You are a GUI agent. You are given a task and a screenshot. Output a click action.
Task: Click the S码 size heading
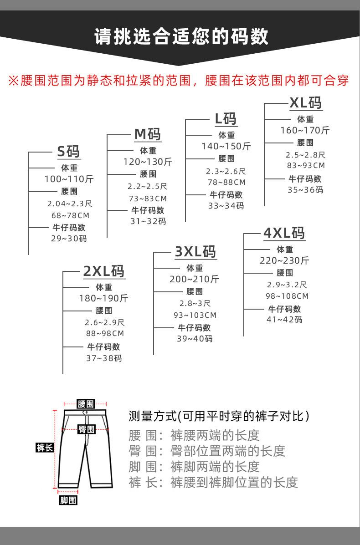tap(68, 151)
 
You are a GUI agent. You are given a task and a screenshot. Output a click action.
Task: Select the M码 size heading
tap(147, 134)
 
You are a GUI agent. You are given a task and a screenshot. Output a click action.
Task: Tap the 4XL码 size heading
tap(284, 233)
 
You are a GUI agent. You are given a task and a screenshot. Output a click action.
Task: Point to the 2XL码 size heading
tap(103, 271)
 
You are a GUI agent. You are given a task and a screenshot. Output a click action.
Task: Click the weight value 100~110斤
tap(69, 179)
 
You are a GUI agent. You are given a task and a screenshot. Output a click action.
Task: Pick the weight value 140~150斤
tap(226, 146)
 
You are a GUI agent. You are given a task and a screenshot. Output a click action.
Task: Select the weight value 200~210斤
tap(194, 279)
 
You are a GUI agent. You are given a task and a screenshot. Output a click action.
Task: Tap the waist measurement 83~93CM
tap(305, 166)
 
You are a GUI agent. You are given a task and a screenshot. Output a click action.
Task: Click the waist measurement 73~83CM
tap(147, 199)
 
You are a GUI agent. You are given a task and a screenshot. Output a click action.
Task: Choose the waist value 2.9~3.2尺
tap(287, 285)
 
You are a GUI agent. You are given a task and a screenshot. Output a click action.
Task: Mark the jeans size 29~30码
tap(69, 238)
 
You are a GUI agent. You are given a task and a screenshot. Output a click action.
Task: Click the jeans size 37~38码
tap(104, 358)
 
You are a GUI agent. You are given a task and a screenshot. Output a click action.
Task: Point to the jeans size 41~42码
tap(284, 319)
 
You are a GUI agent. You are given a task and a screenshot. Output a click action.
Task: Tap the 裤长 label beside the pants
tap(45, 448)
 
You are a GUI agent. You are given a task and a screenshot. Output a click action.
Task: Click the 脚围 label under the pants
tap(68, 501)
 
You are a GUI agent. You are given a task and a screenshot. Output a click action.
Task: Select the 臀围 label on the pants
tap(86, 429)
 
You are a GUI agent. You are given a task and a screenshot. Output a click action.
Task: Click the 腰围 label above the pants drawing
tap(86, 404)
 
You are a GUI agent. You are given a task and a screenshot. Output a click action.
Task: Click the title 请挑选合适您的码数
tap(181, 37)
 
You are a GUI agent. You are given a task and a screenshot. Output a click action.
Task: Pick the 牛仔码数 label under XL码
tap(305, 179)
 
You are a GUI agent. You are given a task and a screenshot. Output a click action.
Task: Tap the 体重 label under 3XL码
tap(195, 268)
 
